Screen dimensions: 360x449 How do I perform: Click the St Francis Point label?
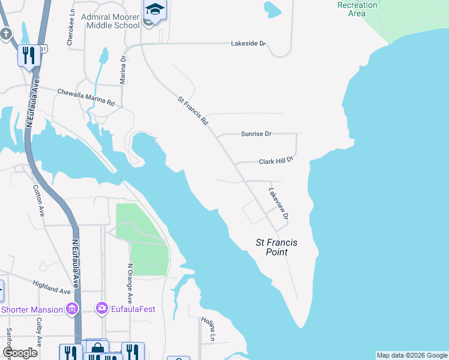point(277,247)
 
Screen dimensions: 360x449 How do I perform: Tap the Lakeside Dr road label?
point(249,44)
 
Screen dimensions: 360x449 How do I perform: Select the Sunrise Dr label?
point(256,134)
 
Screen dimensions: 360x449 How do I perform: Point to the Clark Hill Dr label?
point(276,161)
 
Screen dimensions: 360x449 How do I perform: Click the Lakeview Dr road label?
point(279,204)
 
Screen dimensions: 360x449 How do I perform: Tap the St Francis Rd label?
point(193,110)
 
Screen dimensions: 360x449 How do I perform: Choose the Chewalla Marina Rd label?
point(85,97)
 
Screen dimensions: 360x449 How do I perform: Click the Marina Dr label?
point(123,70)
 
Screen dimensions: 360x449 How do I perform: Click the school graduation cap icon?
point(155,9)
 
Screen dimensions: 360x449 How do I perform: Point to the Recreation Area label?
point(358,8)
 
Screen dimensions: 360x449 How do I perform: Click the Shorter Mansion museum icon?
point(73,309)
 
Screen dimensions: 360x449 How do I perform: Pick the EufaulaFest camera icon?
point(101,309)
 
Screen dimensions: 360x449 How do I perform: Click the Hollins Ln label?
point(207,329)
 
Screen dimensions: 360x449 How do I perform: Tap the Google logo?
point(20,353)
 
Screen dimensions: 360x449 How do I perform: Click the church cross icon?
point(6,34)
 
